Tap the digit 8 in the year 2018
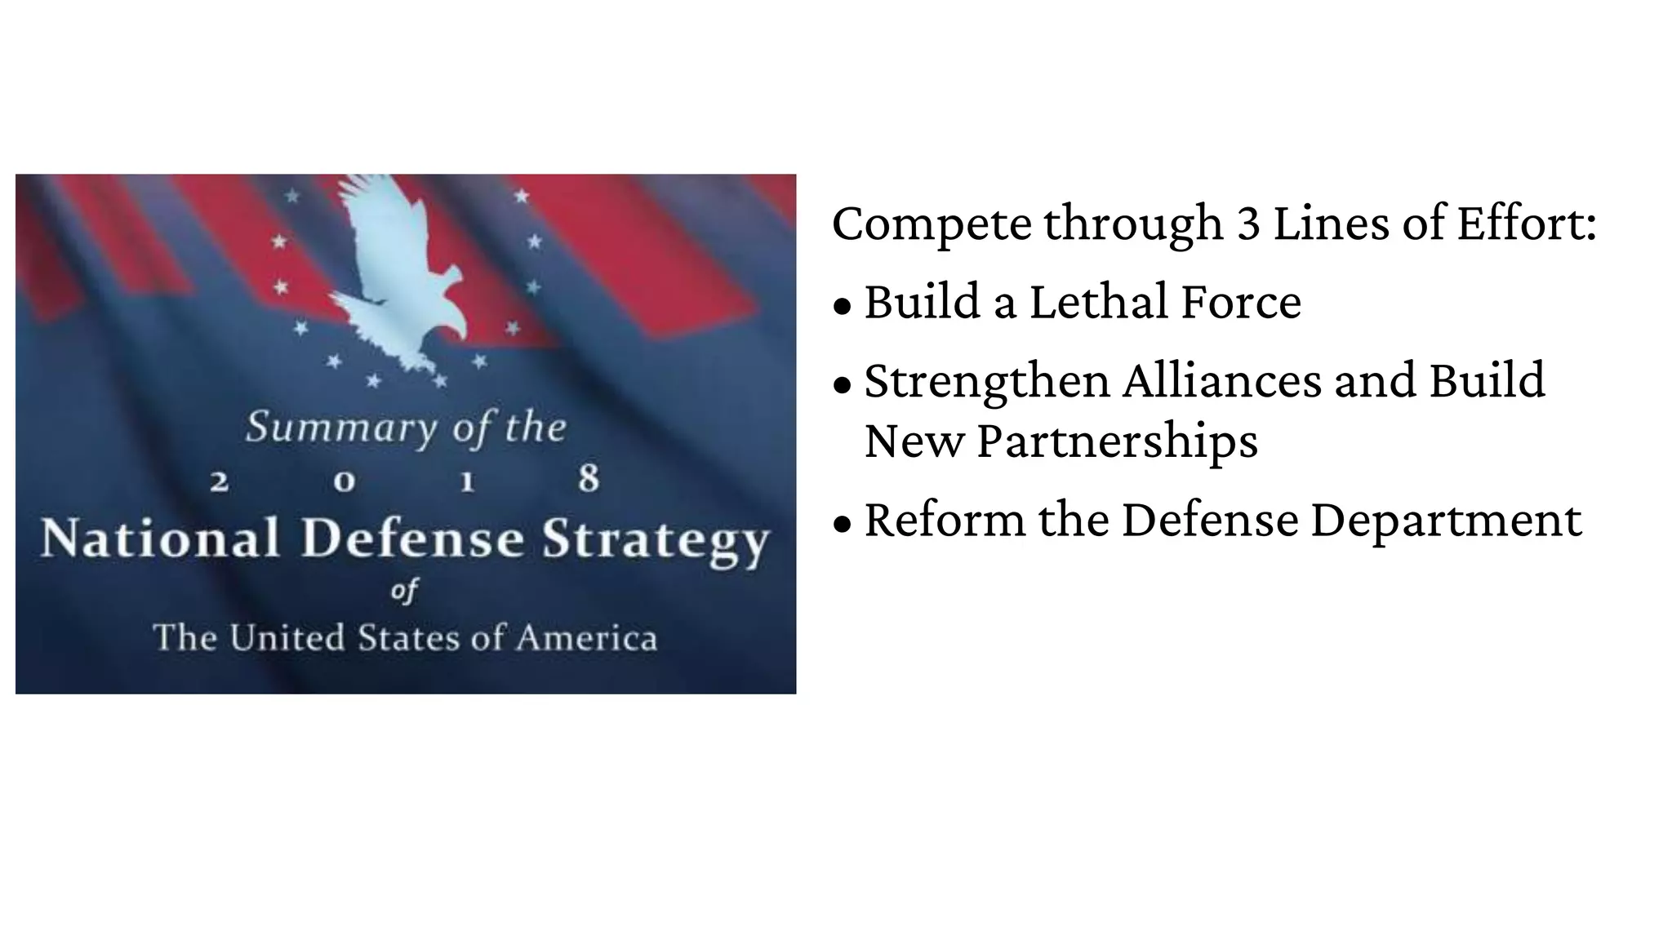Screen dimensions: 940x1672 coord(589,479)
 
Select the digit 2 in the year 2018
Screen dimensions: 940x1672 coord(219,481)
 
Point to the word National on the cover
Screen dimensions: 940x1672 coord(160,539)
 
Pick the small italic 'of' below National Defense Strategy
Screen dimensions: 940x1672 coord(405,590)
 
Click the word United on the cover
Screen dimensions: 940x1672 coord(287,638)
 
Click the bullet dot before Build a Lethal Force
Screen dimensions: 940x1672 coord(843,306)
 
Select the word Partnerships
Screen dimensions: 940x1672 coord(1117,442)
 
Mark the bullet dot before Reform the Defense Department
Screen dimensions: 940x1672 coord(843,524)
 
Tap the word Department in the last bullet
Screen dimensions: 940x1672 coord(1446,521)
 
